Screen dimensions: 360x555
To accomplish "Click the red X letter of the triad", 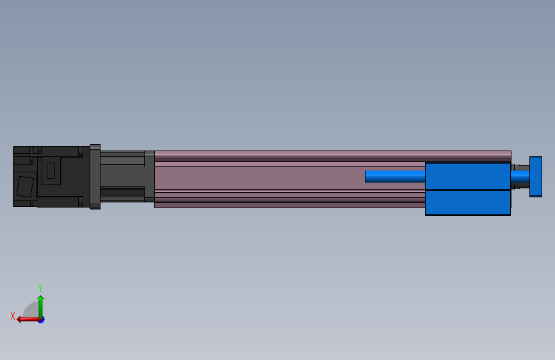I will [x=12, y=316].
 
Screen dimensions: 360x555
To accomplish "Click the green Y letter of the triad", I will [x=40, y=288].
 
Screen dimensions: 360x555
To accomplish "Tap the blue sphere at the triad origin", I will [x=41, y=319].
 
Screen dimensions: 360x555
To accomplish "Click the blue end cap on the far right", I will [x=535, y=176].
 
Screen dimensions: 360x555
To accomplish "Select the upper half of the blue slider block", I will [x=467, y=176].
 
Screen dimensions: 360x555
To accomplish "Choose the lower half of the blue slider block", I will [x=467, y=202].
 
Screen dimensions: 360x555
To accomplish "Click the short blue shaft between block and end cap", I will [x=519, y=176].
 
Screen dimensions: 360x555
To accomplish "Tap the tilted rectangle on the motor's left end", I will [x=24, y=186].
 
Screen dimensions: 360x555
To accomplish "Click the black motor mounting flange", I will [x=95, y=176].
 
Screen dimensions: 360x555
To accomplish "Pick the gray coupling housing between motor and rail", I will [x=122, y=176].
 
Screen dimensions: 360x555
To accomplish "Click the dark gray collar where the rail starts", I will [x=149, y=176].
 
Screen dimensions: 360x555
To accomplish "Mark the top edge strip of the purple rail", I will [x=333, y=154].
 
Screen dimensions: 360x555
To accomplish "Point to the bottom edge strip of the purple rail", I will [x=288, y=205].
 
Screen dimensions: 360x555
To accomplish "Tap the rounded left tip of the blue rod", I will [x=367, y=176].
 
